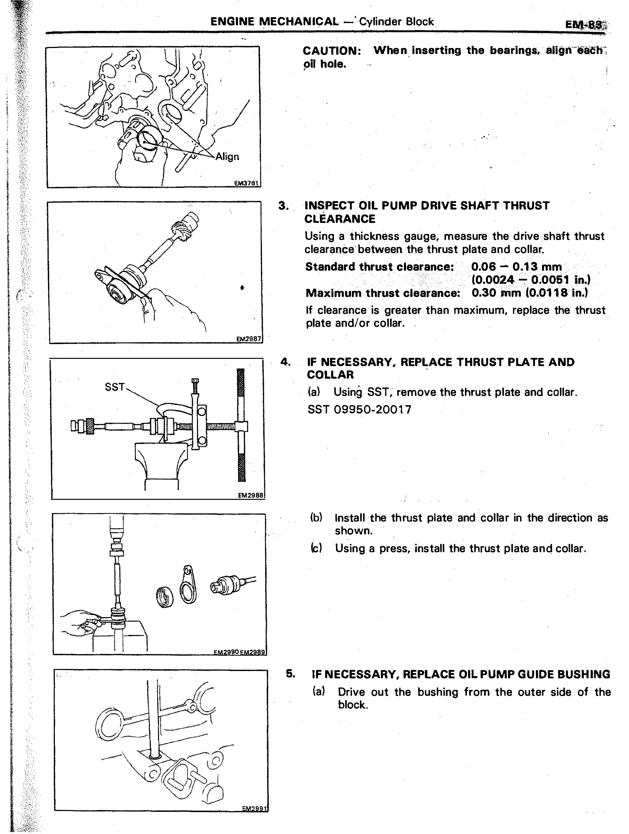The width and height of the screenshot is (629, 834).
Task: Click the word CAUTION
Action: pos(332,51)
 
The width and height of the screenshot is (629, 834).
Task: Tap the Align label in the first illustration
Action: pos(227,157)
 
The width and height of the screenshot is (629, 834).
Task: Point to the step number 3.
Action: pos(284,206)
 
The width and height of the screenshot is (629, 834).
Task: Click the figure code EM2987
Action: pos(248,339)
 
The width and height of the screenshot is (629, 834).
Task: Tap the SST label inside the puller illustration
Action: pos(115,387)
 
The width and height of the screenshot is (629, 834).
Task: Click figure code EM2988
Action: pos(251,495)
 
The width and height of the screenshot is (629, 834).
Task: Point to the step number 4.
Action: pos(285,362)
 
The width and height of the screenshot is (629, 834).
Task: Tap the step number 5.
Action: pos(290,673)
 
